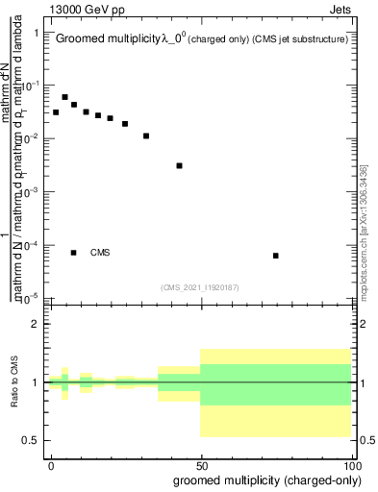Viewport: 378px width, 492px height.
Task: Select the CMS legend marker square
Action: [74, 253]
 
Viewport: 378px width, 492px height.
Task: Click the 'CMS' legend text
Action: [100, 253]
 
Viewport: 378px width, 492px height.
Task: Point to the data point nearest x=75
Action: [276, 256]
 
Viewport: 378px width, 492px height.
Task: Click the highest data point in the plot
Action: [65, 97]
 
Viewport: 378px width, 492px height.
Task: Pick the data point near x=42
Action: [179, 165]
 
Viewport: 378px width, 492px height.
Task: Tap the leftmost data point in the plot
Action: [56, 112]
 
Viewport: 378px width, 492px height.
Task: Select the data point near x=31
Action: [146, 135]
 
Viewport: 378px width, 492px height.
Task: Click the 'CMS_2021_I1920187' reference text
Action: [199, 286]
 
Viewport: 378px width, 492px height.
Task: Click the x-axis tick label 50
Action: [202, 464]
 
